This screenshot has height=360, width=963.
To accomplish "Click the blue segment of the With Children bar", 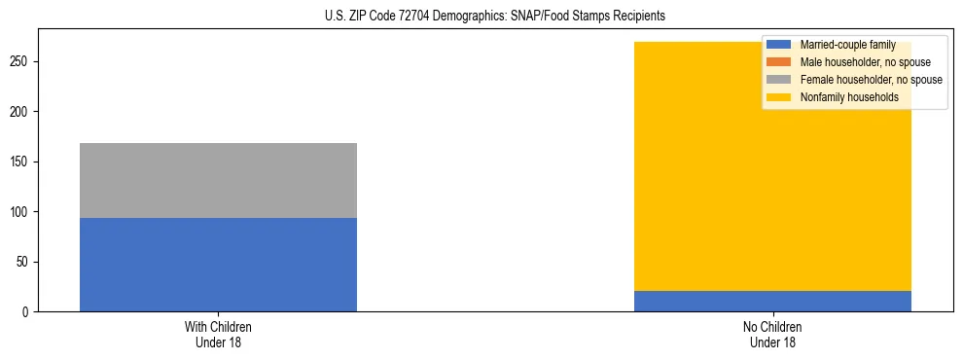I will pyautogui.click(x=218, y=264).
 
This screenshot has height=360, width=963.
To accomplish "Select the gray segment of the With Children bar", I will pyautogui.click(x=218, y=180).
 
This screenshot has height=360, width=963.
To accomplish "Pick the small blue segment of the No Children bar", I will pyautogui.click(x=772, y=301).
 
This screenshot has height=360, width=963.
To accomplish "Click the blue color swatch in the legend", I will pyautogui.click(x=779, y=45).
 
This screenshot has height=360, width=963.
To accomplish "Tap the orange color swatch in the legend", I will pyautogui.click(x=779, y=62).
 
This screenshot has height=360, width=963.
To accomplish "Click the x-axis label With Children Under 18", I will pyautogui.click(x=218, y=334).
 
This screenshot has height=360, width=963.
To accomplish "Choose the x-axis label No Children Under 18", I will pyautogui.click(x=772, y=334).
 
